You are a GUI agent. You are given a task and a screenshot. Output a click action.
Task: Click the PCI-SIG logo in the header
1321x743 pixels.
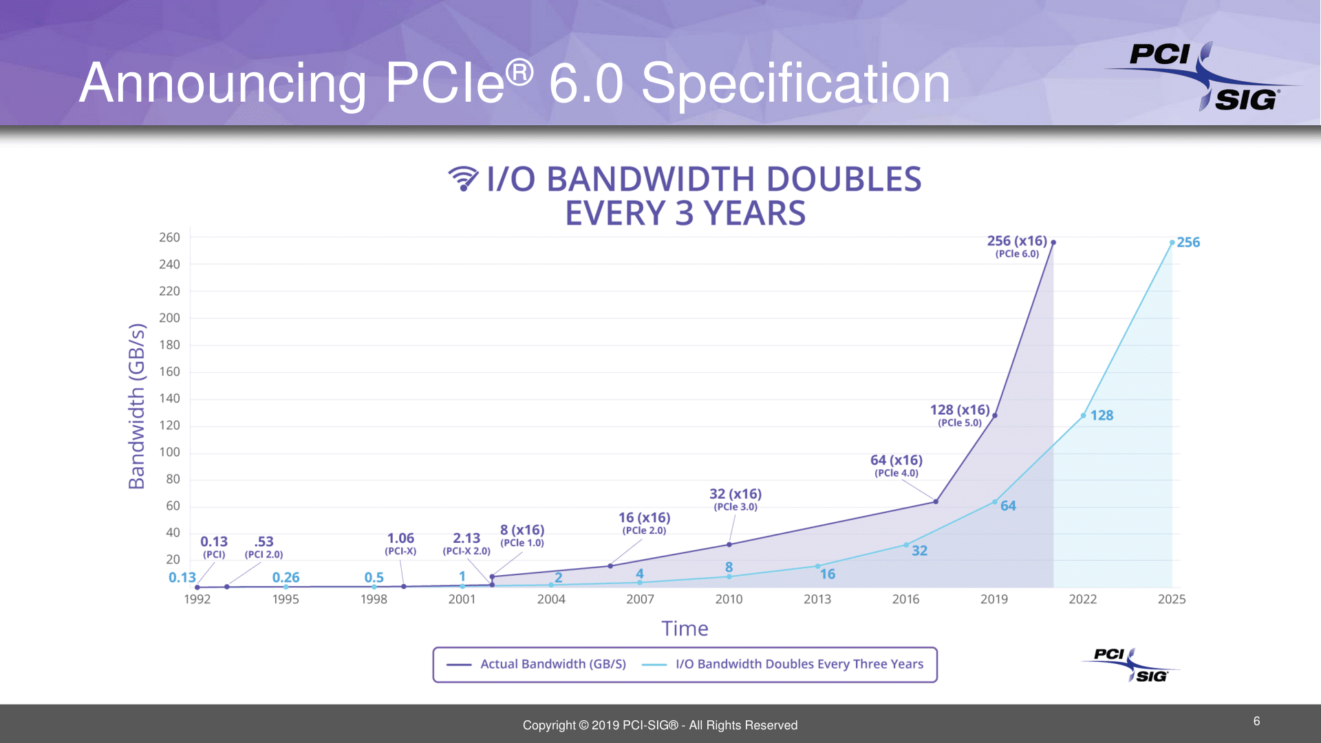pos(1203,76)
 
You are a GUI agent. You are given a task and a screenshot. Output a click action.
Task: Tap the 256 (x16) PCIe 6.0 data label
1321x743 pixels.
pos(1016,246)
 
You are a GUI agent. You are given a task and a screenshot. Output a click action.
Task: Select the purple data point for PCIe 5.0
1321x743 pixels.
pos(994,416)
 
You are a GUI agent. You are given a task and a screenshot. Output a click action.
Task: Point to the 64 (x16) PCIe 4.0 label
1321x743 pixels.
pos(896,464)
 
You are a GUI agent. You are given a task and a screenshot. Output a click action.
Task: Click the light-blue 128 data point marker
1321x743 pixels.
pos(1083,416)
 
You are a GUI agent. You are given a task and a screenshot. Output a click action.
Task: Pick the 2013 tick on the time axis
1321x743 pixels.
pos(817,599)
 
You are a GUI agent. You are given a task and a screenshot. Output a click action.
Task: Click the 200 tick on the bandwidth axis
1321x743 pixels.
pos(169,318)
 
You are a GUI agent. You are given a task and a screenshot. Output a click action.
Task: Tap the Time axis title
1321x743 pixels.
pos(685,628)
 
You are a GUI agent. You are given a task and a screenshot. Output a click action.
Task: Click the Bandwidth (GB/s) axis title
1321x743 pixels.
pos(137,406)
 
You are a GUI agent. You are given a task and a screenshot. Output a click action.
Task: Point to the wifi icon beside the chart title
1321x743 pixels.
pos(463,178)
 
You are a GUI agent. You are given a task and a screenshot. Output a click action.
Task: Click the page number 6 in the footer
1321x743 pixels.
pos(1256,721)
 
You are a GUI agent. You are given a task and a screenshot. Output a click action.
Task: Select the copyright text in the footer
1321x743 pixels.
pos(660,725)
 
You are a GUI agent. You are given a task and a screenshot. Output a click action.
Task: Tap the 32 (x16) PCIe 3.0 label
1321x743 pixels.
pos(735,499)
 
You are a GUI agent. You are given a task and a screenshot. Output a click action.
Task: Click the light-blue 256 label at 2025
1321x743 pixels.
pos(1188,242)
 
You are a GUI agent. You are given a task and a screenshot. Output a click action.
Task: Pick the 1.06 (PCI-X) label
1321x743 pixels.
pos(400,543)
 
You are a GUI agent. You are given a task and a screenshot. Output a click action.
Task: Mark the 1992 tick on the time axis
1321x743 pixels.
pos(197,599)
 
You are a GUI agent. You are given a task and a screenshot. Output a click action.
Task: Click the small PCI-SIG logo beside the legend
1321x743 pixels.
pos(1130,665)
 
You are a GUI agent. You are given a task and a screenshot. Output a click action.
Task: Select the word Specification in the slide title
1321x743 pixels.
pos(795,83)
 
